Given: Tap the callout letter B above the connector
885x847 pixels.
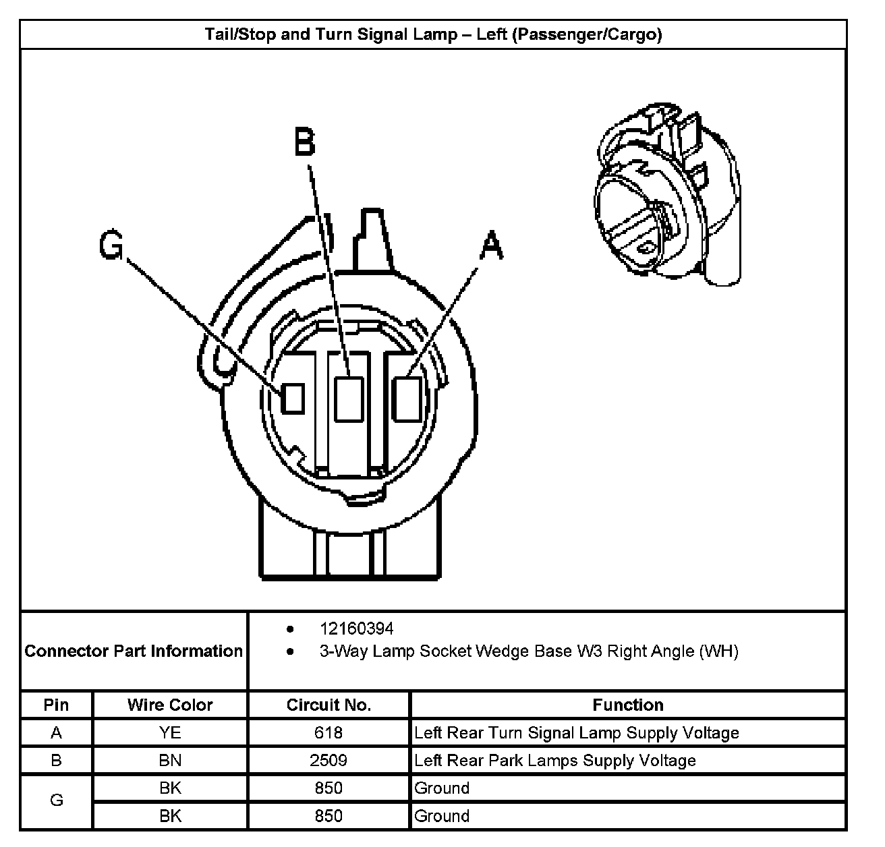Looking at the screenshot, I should (305, 142).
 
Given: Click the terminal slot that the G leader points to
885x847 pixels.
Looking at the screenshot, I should (292, 398).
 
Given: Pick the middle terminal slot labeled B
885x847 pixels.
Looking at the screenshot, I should (349, 399).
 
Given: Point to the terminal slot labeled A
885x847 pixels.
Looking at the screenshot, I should (408, 399).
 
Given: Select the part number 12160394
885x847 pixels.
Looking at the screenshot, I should (356, 629).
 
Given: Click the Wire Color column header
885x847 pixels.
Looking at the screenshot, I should (170, 705).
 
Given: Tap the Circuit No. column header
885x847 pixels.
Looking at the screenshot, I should (329, 705).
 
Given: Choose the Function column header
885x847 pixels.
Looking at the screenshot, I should (627, 705).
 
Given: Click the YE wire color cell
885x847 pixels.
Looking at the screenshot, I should (170, 733).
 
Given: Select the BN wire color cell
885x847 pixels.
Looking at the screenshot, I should (170, 761).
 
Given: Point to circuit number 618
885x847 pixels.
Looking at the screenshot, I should (329, 733).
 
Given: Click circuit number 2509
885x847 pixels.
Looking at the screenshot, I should (329, 761).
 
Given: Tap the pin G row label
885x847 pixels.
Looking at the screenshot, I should (57, 801).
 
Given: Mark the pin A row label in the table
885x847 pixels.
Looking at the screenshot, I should (57, 733).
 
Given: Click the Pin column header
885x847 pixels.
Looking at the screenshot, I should (57, 705).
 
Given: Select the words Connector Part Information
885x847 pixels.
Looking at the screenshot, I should (134, 651).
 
